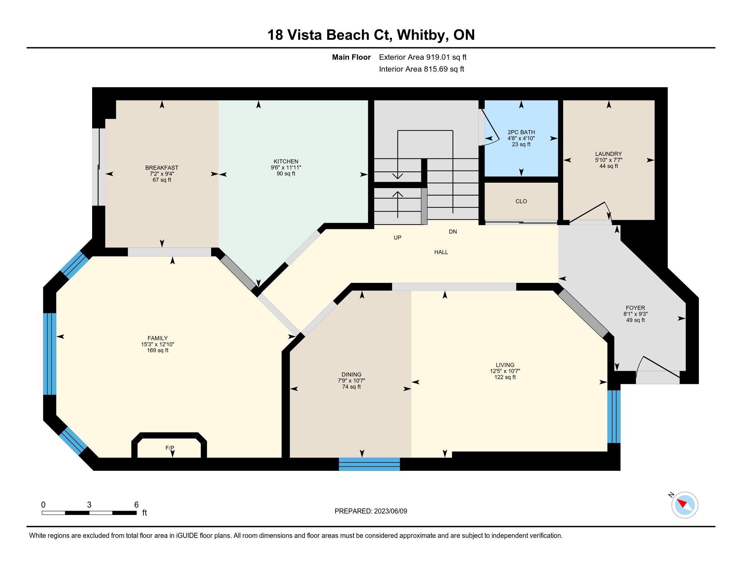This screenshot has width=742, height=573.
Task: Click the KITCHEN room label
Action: (x=286, y=161)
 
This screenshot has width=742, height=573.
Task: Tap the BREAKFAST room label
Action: (x=162, y=168)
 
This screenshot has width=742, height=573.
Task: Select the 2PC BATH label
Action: (x=521, y=132)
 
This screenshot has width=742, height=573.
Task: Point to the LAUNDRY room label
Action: (x=608, y=154)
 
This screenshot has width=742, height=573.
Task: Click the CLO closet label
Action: (x=521, y=201)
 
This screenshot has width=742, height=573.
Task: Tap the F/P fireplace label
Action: (x=170, y=448)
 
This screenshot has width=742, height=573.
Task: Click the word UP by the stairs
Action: (x=398, y=238)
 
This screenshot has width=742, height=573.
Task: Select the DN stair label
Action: (x=453, y=232)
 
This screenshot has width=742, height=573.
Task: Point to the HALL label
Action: (x=441, y=252)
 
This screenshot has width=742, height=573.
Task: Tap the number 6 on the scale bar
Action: (x=136, y=505)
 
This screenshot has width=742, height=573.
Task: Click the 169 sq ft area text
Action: (x=158, y=350)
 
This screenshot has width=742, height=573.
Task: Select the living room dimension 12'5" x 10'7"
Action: (x=505, y=371)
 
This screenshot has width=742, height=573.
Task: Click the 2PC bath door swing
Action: (x=490, y=128)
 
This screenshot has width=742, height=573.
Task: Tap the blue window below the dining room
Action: (x=369, y=464)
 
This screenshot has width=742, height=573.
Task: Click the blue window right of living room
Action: (x=614, y=417)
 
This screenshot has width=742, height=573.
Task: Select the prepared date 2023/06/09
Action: (x=390, y=511)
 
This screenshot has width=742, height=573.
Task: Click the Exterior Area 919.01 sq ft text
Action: (x=423, y=57)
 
